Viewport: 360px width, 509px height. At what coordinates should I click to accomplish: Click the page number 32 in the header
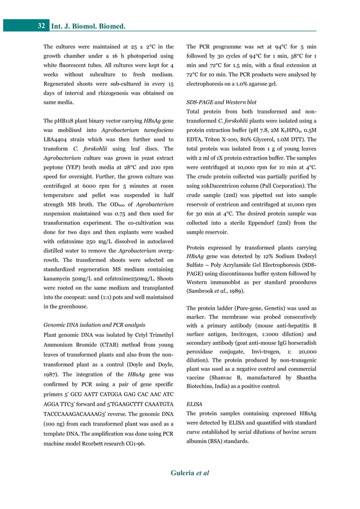41,26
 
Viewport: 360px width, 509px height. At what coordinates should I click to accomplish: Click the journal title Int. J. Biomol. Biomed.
88,26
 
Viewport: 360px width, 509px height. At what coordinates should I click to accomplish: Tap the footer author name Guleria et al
190,473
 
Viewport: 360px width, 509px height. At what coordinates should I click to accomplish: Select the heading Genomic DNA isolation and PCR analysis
94,325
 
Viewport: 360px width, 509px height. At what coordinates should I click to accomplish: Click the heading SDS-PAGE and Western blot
221,102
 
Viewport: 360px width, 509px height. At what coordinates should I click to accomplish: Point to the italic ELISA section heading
194,405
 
